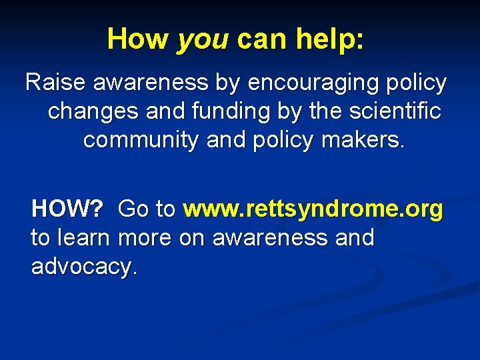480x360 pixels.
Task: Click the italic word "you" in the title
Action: (203, 39)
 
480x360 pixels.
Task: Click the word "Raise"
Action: (56, 83)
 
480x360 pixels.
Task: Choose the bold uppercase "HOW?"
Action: (67, 209)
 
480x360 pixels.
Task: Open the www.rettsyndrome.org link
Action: (313, 209)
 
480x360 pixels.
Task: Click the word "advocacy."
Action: (84, 267)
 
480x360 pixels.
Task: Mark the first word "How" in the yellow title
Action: (137, 39)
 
